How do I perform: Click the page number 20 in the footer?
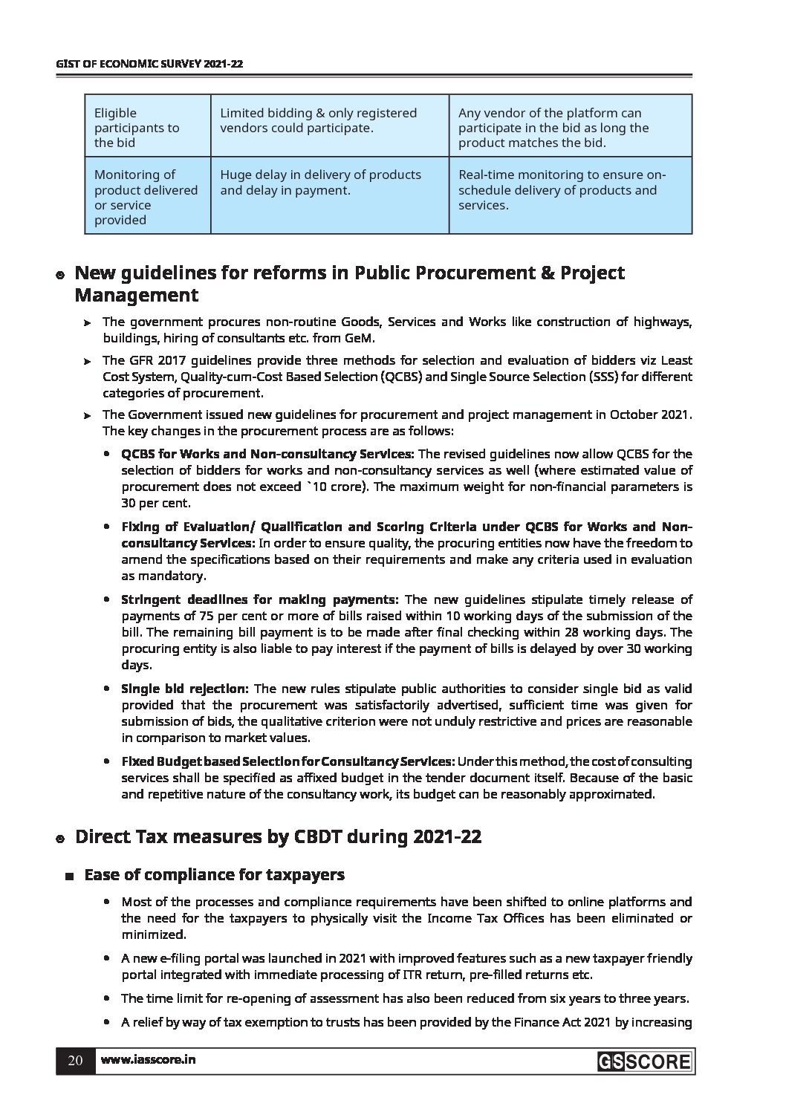tap(75, 1060)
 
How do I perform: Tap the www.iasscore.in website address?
tap(148, 1060)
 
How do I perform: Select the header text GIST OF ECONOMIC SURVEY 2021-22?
tap(150, 65)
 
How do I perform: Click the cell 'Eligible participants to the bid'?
tap(137, 128)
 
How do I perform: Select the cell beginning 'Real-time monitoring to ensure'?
tap(562, 189)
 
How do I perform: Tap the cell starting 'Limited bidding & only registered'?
tap(318, 120)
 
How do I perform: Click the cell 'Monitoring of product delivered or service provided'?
tap(146, 197)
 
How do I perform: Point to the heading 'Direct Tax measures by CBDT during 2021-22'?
tap(278, 837)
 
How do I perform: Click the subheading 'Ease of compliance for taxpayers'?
tap(214, 875)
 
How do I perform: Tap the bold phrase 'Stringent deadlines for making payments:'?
tap(260, 599)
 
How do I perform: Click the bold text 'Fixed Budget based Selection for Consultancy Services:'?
tap(288, 761)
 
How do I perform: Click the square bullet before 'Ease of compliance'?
tap(69, 876)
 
